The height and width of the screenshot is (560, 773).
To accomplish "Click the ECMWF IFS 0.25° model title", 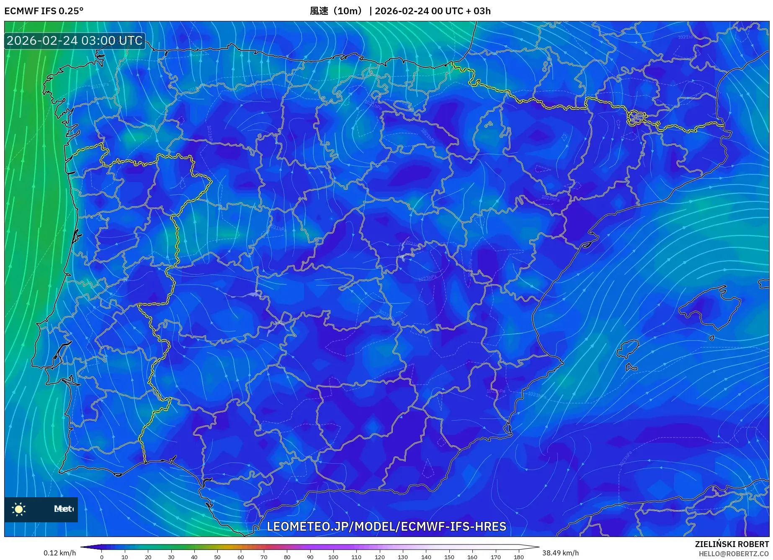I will (44, 11).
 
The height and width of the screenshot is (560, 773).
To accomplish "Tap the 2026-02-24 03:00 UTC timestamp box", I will (75, 41).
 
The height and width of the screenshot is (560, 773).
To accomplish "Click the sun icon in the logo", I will (19, 509).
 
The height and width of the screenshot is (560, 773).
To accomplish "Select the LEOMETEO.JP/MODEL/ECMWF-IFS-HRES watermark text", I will (386, 526).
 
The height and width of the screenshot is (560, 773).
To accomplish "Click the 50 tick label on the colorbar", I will (217, 557).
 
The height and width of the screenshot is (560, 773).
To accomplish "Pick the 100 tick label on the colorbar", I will (333, 557).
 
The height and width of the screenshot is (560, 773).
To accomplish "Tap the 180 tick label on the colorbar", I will (519, 557).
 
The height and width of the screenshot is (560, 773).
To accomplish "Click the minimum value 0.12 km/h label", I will (60, 553).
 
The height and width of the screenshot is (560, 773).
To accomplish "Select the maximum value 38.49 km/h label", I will (560, 553).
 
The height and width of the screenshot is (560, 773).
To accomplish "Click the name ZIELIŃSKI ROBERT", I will (732, 544).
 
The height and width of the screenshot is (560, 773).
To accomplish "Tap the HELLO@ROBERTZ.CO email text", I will (734, 554).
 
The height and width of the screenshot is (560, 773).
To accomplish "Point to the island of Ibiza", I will (629, 349).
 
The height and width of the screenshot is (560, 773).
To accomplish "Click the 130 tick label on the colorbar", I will (403, 557).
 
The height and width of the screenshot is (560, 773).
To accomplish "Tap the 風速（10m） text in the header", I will (336, 11).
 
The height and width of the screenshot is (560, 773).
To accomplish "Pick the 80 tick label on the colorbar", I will (287, 557).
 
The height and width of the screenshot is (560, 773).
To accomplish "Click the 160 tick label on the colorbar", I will (472, 557).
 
